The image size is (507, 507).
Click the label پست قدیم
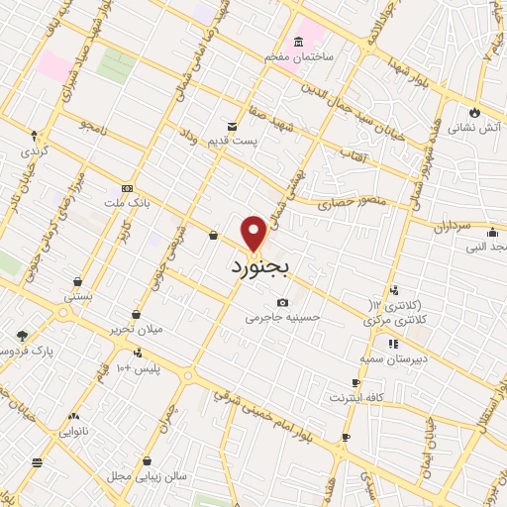pos(230,143)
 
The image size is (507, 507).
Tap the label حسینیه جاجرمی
pos(283,318)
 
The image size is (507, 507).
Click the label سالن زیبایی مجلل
pos(148,476)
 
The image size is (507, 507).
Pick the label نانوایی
pos(72,432)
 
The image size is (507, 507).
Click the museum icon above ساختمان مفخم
pos(297,44)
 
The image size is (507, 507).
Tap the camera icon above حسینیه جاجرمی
pos(283,302)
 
